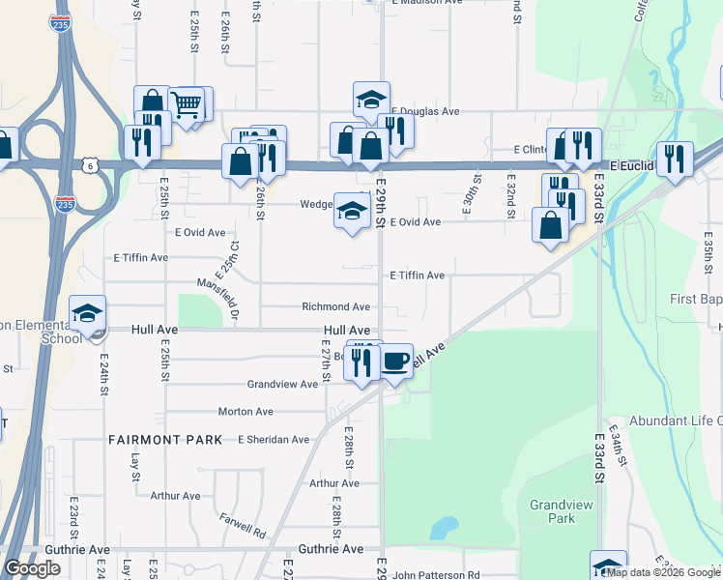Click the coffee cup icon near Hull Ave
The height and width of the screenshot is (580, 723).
click(x=394, y=362)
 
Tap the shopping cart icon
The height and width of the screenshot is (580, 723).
click(x=187, y=104)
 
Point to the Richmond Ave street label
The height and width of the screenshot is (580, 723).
click(x=336, y=307)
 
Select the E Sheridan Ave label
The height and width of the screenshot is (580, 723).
click(x=274, y=440)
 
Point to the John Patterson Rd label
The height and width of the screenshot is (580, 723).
click(x=436, y=575)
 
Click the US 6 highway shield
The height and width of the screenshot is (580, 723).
click(x=89, y=165)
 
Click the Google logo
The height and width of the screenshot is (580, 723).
click(x=32, y=568)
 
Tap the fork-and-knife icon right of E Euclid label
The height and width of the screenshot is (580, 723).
click(x=674, y=158)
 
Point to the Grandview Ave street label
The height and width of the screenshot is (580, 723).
click(x=282, y=385)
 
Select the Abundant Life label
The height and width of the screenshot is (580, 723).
click(x=676, y=420)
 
